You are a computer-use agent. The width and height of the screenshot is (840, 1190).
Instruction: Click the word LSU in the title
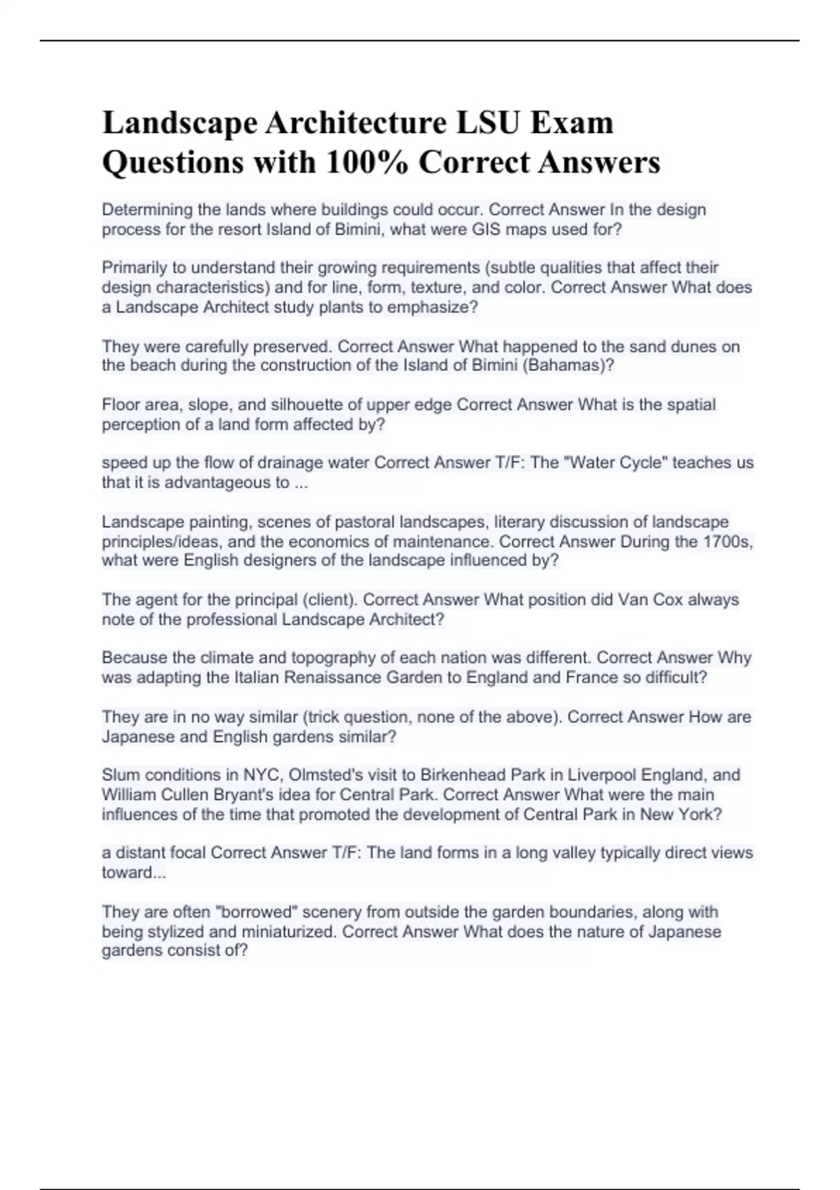(x=488, y=122)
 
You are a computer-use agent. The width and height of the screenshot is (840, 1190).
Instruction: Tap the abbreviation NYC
(x=260, y=775)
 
